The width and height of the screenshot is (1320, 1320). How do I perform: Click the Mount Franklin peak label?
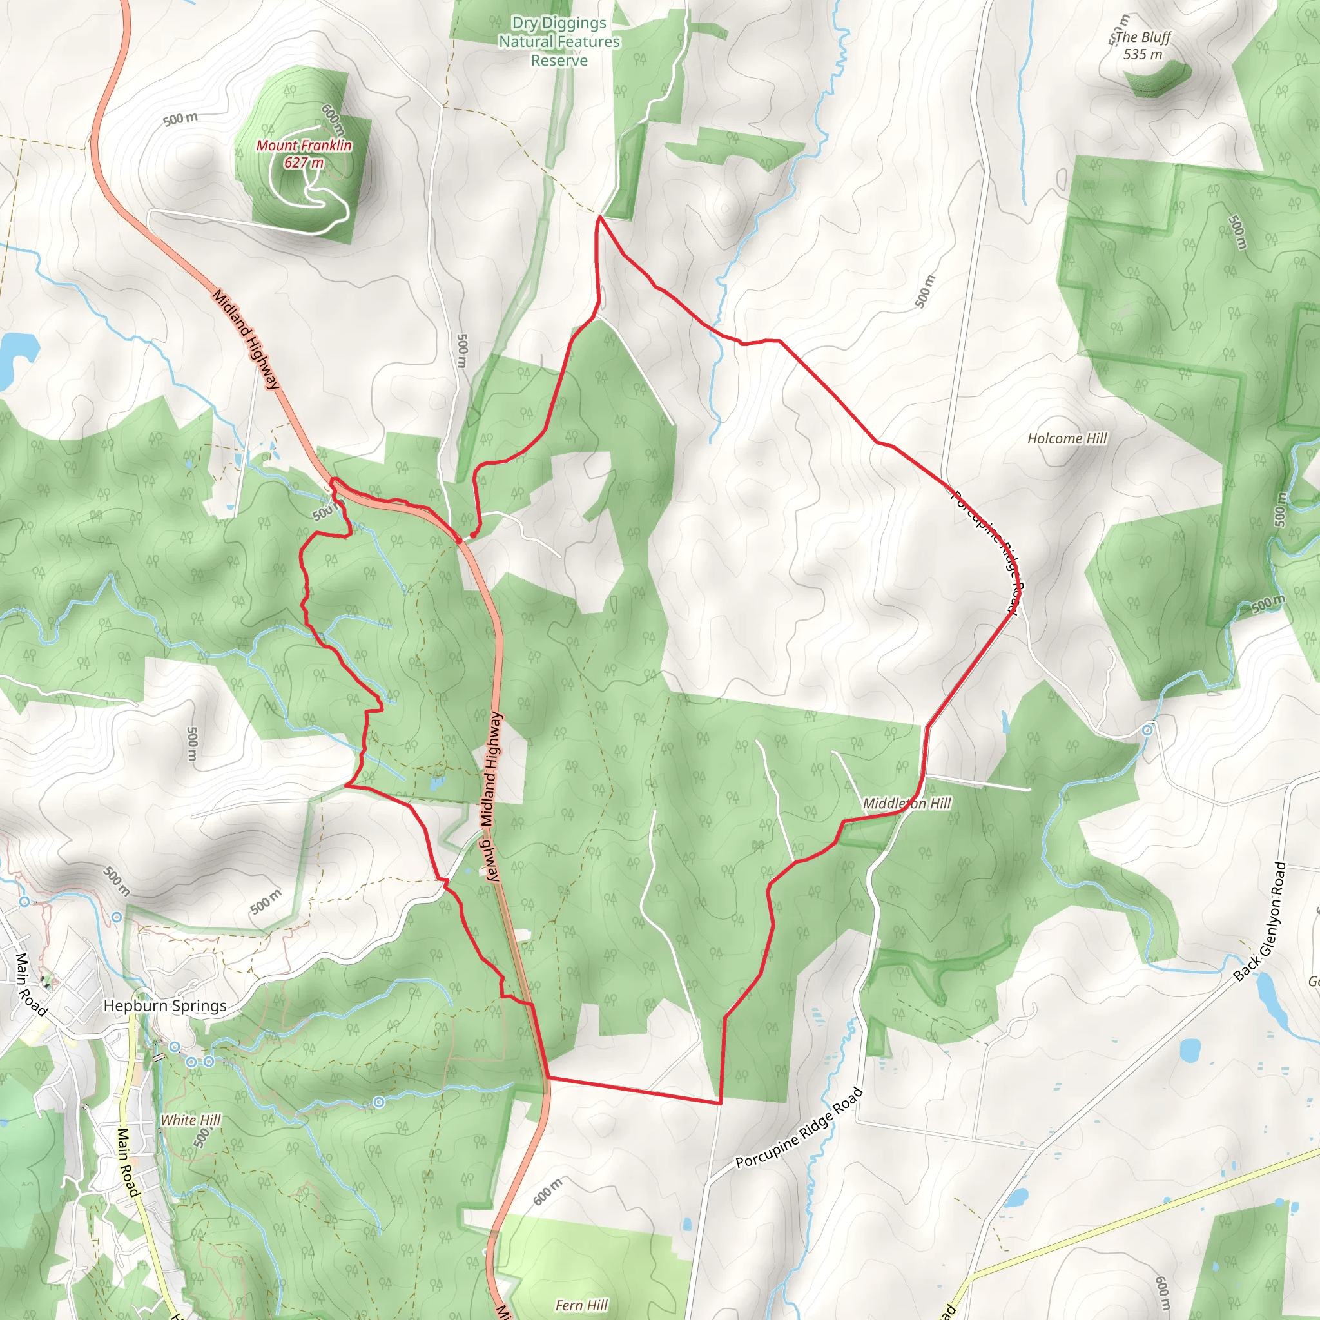point(304,146)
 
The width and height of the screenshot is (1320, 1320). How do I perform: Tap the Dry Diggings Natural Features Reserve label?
point(559,42)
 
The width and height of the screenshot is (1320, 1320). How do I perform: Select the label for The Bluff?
point(1143,37)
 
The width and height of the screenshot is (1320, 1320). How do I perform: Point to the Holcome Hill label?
point(1067,439)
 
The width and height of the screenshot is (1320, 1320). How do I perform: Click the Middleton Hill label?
point(907,804)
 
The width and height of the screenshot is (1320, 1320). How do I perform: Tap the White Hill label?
point(191,1120)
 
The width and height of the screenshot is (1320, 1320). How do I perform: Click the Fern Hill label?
point(581,1305)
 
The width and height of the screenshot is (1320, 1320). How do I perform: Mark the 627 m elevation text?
point(304,162)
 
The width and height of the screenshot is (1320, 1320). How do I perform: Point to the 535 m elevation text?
point(1142,55)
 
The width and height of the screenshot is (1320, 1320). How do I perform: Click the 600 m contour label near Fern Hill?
point(548,1192)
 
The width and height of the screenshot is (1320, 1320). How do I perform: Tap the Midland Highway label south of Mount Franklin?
point(246,340)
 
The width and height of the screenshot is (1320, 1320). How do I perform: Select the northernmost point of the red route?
point(599,217)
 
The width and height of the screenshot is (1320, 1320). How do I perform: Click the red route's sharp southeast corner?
point(720,1103)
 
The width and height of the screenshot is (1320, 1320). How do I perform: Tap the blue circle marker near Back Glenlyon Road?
point(1148,730)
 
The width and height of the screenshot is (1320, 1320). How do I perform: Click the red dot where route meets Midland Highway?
point(459,540)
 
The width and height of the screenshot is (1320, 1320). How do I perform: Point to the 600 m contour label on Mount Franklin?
point(333,120)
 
